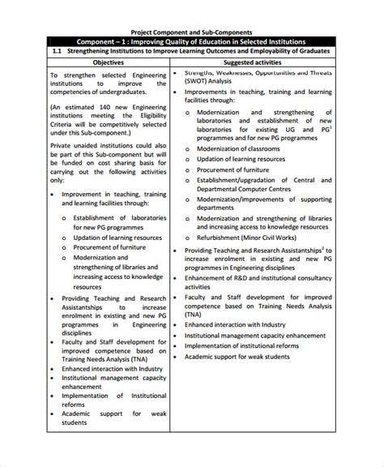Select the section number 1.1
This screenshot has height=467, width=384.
click(57, 50)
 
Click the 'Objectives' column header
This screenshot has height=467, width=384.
click(108, 62)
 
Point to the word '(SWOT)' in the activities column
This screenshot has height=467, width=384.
click(199, 80)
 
